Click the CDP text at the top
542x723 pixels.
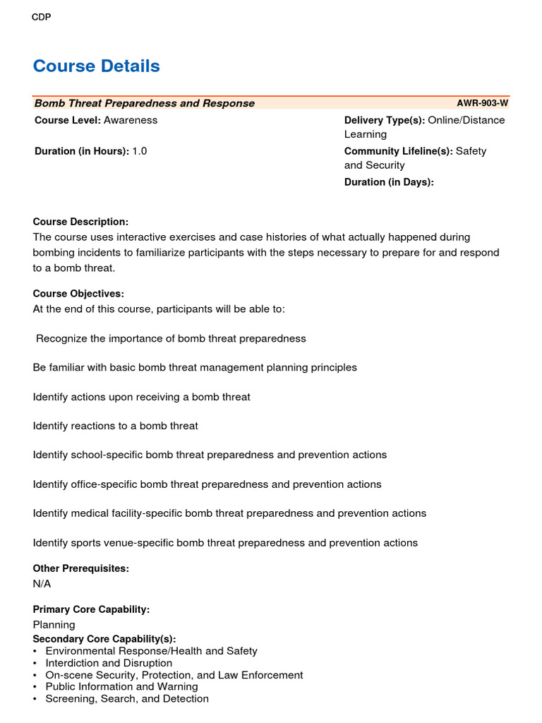click(42, 18)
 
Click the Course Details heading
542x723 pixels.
click(97, 66)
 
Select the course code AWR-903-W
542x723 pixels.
click(482, 103)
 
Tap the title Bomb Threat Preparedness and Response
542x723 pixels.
click(145, 103)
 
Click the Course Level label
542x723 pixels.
click(68, 120)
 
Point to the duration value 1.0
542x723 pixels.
click(140, 151)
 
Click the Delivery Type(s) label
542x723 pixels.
click(384, 120)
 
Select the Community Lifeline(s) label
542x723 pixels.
click(398, 151)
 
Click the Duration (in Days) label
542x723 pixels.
click(389, 182)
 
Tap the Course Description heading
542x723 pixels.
click(80, 222)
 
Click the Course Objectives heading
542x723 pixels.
click(78, 294)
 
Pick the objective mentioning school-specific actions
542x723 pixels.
click(210, 455)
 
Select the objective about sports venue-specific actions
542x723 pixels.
click(225, 543)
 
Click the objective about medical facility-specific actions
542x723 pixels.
click(229, 513)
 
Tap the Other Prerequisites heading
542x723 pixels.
click(81, 568)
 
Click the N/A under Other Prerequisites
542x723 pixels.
click(42, 584)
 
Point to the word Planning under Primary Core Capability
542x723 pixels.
click(54, 625)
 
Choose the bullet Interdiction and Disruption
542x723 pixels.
click(109, 663)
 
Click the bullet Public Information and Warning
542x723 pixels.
click(121, 686)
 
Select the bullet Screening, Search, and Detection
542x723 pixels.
click(127, 698)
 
